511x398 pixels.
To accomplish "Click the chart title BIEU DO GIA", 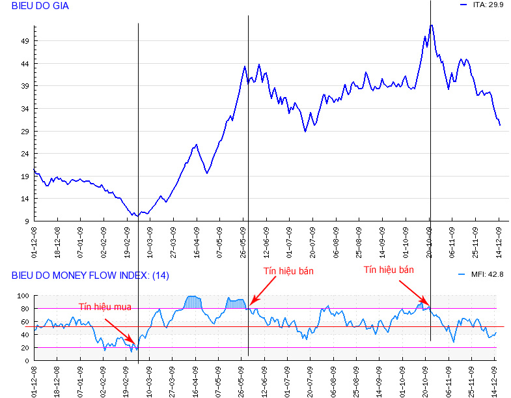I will coord(40,6).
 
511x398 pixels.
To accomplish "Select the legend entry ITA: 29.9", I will coord(488,5).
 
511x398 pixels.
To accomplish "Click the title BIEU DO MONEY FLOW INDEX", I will coord(90,276).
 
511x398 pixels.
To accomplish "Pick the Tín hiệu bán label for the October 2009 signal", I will coord(389,269).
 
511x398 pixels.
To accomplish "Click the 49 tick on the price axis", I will coord(25,41).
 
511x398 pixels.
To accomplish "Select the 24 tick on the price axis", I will coord(25,154).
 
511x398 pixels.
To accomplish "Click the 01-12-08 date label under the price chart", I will coord(35,240).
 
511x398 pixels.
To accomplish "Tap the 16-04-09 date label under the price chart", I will coord(196,240).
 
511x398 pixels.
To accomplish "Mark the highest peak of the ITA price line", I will coord(431,25).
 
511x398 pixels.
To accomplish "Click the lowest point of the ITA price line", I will coord(133,215).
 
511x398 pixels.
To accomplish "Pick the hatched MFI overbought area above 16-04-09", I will coord(195,302).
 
